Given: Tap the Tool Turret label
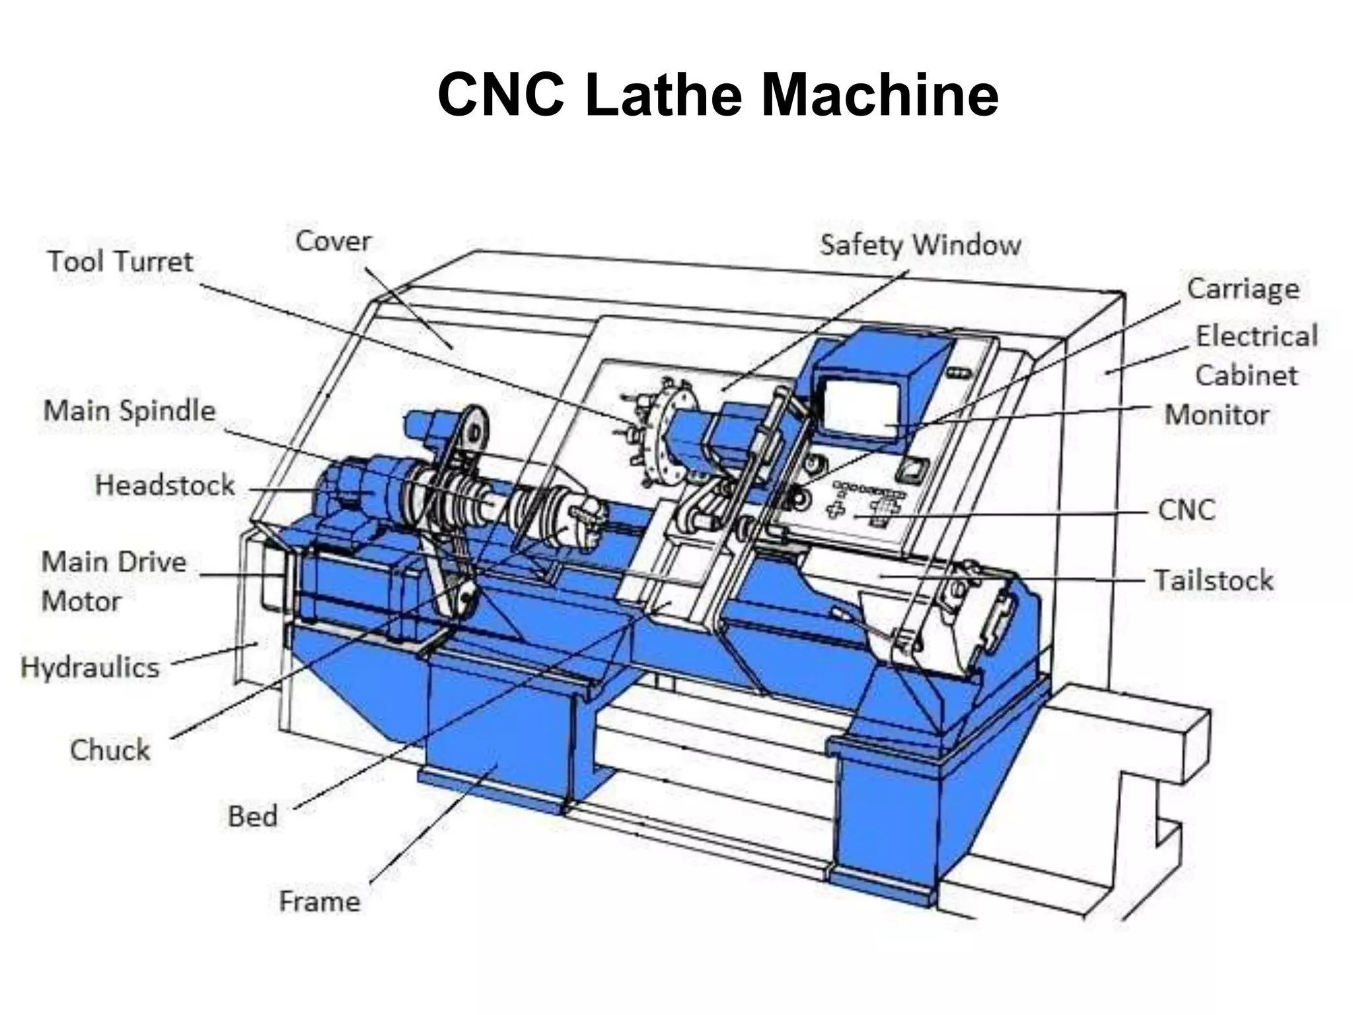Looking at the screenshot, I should coord(120,262).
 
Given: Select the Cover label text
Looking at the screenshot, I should coord(333,241).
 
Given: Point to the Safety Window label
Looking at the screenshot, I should coord(920,245).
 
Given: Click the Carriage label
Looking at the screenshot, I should coord(1243,289).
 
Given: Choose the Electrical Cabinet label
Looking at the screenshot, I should coord(1255,356).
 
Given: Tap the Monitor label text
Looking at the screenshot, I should coord(1216,415).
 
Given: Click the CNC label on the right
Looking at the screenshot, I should coord(1187,510).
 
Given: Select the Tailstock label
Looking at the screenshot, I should coord(1213,580).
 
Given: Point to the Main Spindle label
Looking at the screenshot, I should coord(129,410).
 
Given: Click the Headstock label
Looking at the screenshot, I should coord(165,485).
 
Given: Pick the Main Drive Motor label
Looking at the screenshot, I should coord(114,582).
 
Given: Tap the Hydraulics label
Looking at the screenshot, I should coord(91,667).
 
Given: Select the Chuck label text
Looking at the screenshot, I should coord(110,750).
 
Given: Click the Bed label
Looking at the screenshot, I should coord(252,816).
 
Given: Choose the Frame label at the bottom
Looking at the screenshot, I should coord(320,901).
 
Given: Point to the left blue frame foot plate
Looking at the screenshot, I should coord(489,790).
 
